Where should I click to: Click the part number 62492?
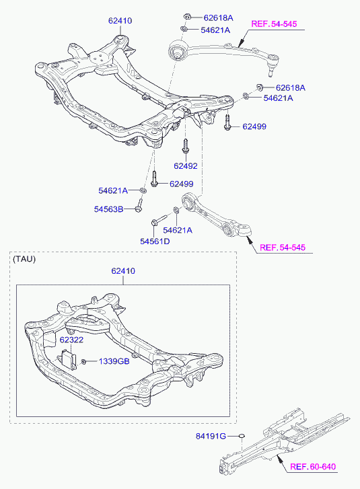186,166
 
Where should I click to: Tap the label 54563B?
108,209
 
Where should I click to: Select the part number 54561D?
155,241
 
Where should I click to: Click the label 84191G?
211,436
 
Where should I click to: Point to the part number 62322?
71,340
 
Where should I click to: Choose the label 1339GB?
114,361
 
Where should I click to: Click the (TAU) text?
24,259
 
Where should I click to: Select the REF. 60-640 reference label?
313,467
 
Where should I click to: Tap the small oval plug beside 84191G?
242,436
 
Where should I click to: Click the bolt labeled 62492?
186,146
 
